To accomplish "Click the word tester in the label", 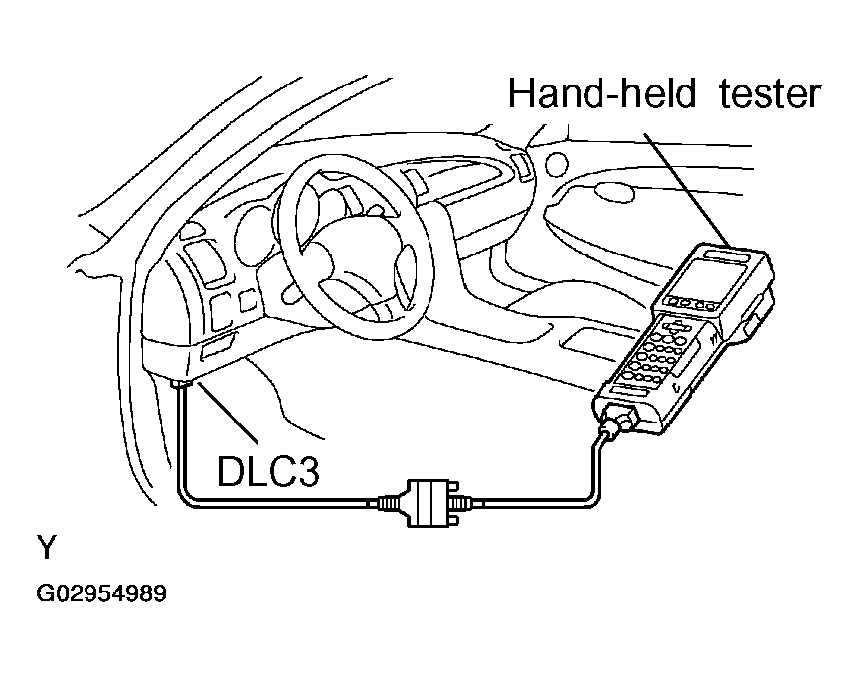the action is pyautogui.click(x=770, y=94).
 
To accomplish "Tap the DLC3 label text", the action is pyautogui.click(x=267, y=471).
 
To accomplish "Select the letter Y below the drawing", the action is pyautogui.click(x=47, y=547).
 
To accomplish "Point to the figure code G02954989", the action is pyautogui.click(x=101, y=593).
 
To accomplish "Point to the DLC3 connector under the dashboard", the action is pyautogui.click(x=181, y=384).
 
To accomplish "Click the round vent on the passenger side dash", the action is pyautogui.click(x=556, y=163).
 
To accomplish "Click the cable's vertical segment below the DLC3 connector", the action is pyautogui.click(x=179, y=438).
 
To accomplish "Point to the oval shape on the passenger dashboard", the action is pyautogui.click(x=613, y=192).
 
